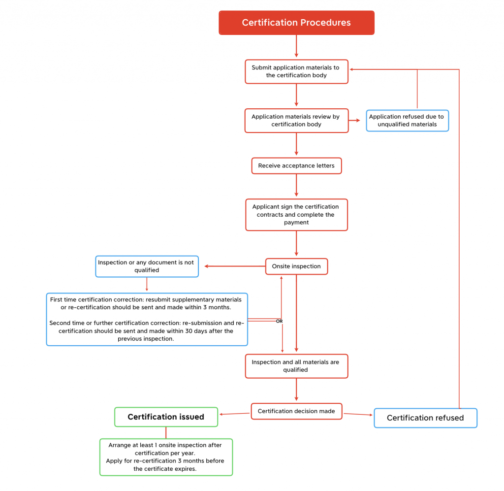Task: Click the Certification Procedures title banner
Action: coord(296,23)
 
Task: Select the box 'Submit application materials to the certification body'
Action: coord(296,71)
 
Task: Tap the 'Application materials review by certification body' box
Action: coord(296,121)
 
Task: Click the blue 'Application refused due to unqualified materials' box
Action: coord(407,121)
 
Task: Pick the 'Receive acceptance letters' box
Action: coord(296,166)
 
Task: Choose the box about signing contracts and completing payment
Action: coord(296,215)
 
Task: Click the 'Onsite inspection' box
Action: coord(296,266)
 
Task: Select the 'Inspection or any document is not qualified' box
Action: coord(147,266)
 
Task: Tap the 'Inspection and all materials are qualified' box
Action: coord(296,366)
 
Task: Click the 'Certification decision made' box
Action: coord(296,411)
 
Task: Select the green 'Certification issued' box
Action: coord(166,417)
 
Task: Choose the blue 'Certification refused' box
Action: coord(425,418)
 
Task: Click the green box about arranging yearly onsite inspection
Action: coord(166,457)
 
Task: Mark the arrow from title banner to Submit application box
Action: coord(296,47)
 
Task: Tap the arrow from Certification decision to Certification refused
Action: coord(358,414)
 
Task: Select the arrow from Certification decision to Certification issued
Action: coord(235,414)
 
